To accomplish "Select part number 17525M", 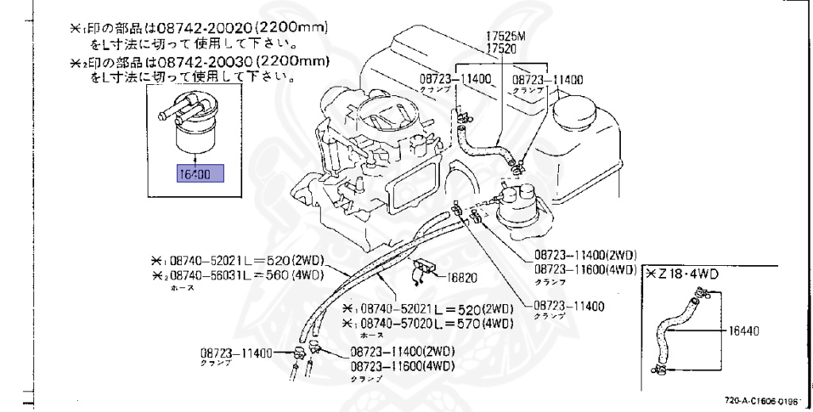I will tap(505, 37).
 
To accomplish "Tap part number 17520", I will tap(501, 48).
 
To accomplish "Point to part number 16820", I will tap(463, 277).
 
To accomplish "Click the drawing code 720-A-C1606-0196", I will tap(761, 402).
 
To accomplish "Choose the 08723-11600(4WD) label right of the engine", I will tap(585, 269).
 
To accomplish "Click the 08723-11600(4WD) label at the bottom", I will tap(403, 366).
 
